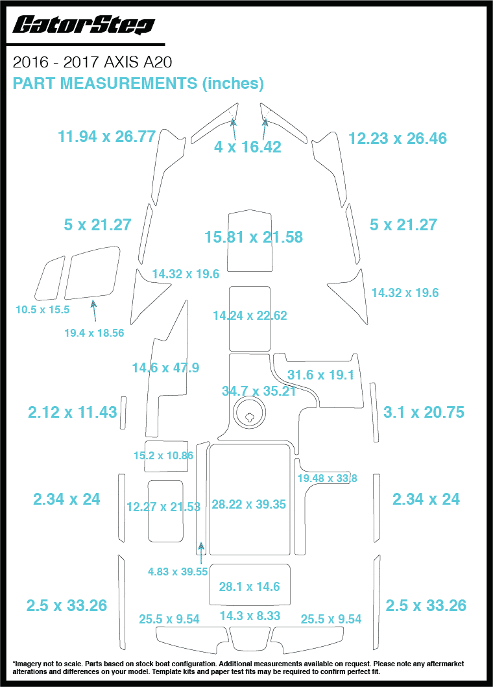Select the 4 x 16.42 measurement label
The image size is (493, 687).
pos(248,147)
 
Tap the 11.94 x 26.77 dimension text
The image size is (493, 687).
pos(106,137)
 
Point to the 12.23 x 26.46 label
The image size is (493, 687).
pos(397,138)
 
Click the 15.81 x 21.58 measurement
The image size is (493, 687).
pos(254,237)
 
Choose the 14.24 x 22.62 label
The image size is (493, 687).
pos(250,316)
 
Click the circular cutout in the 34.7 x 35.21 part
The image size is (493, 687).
pos(250,413)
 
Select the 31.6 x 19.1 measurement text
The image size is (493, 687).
pos(320,375)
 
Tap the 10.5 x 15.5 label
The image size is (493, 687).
pos(42,309)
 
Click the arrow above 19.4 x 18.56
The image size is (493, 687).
pos(95,311)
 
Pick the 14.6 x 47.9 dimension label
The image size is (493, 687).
pos(165,368)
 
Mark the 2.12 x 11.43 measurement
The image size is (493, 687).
pos(72,412)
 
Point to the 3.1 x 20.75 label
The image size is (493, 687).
pos(424,412)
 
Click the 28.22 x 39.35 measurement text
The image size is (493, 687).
pos(248,504)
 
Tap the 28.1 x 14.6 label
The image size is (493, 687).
pos(249,586)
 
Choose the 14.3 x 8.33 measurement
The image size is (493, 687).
pos(250,616)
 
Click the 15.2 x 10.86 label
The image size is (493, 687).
pos(163,455)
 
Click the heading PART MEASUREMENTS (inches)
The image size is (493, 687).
pos(138,83)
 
